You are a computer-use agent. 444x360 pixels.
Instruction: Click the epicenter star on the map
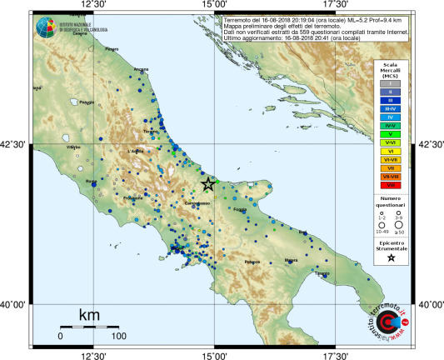click(x=208, y=184)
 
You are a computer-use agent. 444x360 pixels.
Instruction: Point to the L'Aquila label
click(x=136, y=151)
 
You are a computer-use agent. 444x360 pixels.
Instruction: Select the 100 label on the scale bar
click(x=119, y=336)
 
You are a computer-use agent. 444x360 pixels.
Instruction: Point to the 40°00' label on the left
click(x=15, y=305)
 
